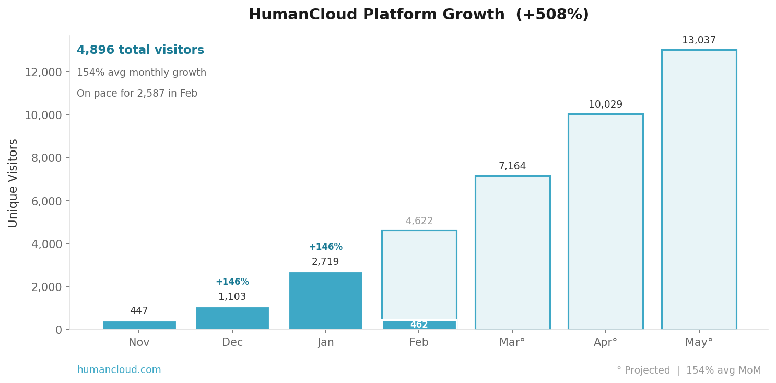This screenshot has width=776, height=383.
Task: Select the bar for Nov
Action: coord(139,325)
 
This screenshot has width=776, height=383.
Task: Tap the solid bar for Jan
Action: coord(325,301)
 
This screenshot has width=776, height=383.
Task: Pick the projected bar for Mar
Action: coord(512,253)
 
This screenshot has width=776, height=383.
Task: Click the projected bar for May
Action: coord(699,190)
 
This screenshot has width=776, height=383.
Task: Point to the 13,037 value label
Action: coord(699,40)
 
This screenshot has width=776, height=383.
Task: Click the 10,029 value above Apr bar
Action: coord(605,105)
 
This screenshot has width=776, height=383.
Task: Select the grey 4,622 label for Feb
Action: coord(419,221)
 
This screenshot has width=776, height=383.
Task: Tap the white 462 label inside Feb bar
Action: coord(419,325)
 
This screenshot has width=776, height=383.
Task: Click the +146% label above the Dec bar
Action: coord(232,282)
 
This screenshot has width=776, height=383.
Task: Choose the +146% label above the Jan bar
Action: coord(325,247)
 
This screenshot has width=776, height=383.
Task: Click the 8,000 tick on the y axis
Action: coord(46,158)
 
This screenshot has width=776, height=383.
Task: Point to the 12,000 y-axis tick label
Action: coord(43,72)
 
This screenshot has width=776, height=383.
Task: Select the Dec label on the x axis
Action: coord(232,343)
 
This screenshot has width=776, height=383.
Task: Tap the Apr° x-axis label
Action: coord(605,343)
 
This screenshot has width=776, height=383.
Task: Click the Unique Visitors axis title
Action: coord(13,183)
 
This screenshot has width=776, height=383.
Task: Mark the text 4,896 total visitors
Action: coord(140,50)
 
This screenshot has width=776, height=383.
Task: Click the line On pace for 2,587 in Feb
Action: coord(137,94)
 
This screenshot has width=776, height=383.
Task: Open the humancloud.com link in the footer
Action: coord(119,370)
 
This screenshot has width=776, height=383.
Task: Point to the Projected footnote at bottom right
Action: coord(688,370)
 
